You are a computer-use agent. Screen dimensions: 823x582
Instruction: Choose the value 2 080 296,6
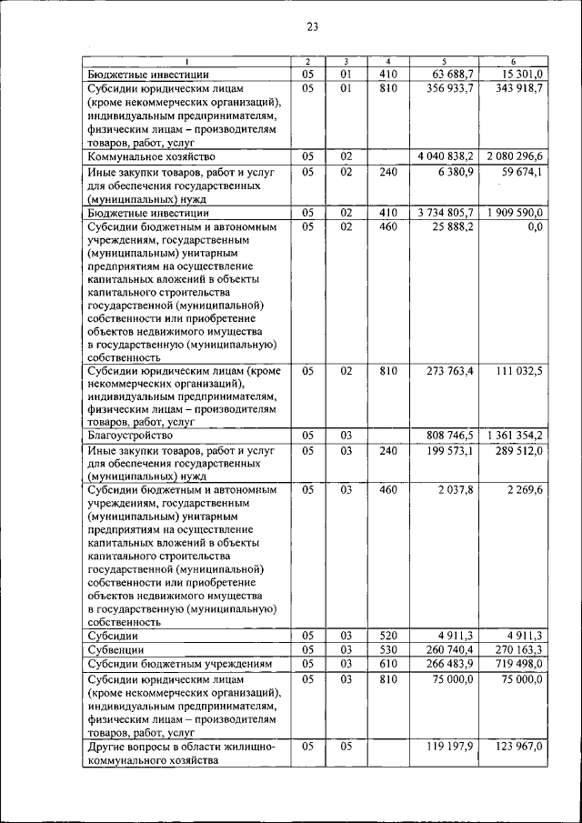(514, 156)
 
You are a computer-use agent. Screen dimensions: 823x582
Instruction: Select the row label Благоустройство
(132, 436)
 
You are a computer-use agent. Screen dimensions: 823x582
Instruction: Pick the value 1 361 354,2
(514, 436)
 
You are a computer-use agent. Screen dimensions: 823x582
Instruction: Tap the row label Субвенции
(116, 650)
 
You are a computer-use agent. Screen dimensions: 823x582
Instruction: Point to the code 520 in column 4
(388, 636)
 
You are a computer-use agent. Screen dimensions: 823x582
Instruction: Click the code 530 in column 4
(388, 650)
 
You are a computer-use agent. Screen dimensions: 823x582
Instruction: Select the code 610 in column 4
(388, 664)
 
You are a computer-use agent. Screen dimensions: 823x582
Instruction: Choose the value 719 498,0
(519, 664)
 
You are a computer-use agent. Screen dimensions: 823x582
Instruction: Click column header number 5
(443, 61)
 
